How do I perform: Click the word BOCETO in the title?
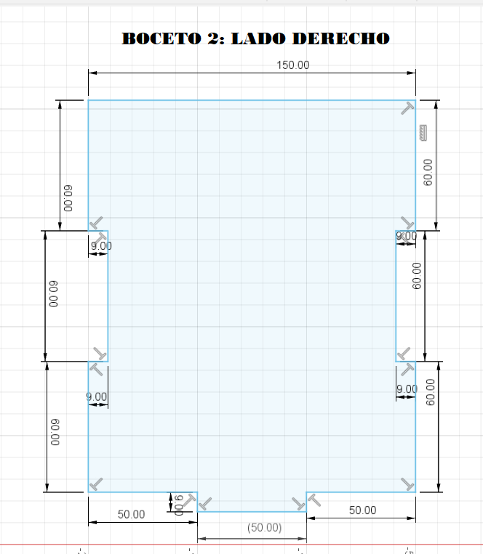[161, 38]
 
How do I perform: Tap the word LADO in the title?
[258, 38]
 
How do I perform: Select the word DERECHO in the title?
[341, 38]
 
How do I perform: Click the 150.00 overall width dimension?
[293, 65]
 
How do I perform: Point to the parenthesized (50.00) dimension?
[264, 528]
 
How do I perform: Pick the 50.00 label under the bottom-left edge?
[131, 514]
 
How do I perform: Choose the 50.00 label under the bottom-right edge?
[363, 510]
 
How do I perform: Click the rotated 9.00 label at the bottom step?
[180, 505]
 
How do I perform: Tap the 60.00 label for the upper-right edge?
[428, 172]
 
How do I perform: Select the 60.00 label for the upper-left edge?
[68, 198]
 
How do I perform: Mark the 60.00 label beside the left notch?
[53, 294]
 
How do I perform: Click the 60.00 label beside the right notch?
[417, 276]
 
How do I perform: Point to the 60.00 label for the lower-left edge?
[55, 432]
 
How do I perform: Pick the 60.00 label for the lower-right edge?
[430, 392]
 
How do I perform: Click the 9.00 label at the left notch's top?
[101, 246]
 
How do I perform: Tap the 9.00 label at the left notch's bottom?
[97, 396]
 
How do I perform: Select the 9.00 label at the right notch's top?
[406, 236]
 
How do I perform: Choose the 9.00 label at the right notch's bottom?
[407, 389]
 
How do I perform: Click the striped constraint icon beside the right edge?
[423, 133]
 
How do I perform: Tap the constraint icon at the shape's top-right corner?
[407, 108]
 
